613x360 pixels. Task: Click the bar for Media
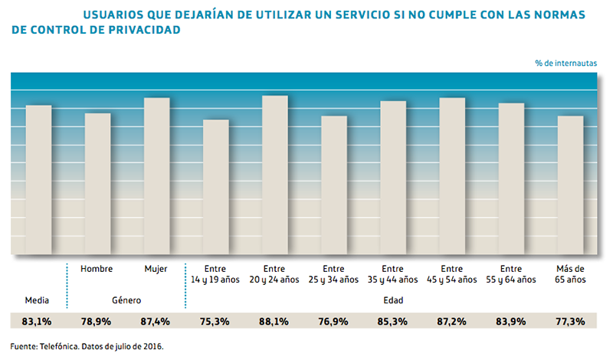tap(38, 180)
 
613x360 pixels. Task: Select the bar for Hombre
tap(97, 184)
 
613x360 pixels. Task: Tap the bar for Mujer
tap(156, 176)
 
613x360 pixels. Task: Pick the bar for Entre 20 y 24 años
tap(274, 175)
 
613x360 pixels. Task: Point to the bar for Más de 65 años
tap(570, 185)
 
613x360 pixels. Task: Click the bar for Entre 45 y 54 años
tap(452, 176)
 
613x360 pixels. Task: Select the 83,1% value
tap(38, 322)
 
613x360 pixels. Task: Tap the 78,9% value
tap(97, 322)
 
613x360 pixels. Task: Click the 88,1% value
tap(274, 322)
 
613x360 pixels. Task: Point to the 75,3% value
tap(215, 322)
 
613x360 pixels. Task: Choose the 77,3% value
tap(570, 322)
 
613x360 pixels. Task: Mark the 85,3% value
tap(393, 322)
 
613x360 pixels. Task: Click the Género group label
tap(126, 300)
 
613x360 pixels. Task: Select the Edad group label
tap(393, 300)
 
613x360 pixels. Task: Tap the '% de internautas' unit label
tap(565, 63)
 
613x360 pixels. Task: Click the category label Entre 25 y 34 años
tap(333, 274)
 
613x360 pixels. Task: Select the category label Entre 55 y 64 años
tap(511, 274)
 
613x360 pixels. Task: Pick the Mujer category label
tap(156, 269)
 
